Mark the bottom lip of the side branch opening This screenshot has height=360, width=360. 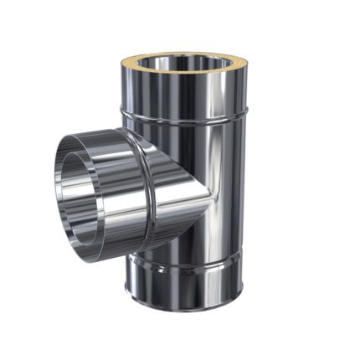coord(71,250)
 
